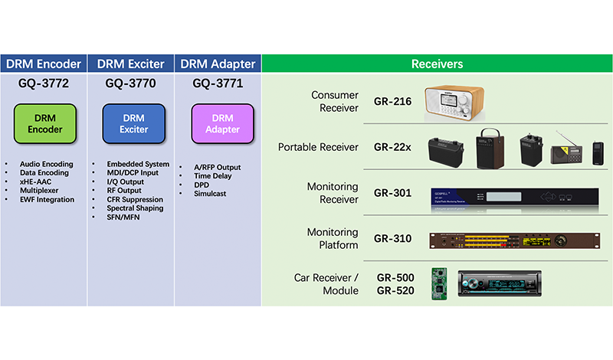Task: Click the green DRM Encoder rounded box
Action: [x=45, y=123]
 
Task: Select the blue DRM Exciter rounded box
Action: [x=133, y=123]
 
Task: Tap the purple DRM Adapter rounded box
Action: [x=221, y=123]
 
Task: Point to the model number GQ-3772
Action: [x=44, y=83]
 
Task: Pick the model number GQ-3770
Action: [x=132, y=83]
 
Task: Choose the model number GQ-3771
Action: [x=218, y=83]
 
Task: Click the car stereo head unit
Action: [x=499, y=283]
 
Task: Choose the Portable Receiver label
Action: [x=318, y=147]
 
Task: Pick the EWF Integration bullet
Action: [x=48, y=200]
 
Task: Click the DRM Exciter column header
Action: [x=131, y=64]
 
